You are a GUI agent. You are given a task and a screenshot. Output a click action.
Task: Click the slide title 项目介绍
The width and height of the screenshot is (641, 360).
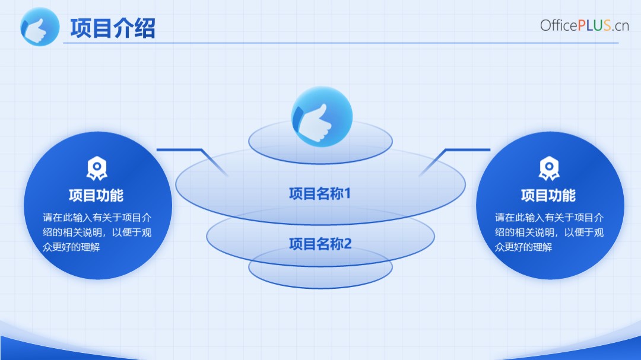pos(112,28)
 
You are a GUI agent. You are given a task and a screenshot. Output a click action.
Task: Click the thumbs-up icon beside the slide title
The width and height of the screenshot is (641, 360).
pos(40,27)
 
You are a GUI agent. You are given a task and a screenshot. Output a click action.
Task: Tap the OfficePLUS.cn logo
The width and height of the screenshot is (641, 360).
pos(584,26)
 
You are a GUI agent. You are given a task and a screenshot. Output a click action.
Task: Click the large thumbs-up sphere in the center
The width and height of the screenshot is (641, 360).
pos(322,116)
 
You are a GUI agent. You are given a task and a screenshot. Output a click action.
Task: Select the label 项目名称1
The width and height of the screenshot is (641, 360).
pos(320,194)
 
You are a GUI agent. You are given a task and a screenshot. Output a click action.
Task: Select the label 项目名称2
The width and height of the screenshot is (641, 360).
pos(320,244)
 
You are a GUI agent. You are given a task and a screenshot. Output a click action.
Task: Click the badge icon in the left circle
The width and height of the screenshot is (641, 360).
pos(97,168)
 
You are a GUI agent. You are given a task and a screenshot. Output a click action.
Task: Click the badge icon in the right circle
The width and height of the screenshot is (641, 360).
pos(549,168)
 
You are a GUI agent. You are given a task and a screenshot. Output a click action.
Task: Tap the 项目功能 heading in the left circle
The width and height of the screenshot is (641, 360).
pos(96,195)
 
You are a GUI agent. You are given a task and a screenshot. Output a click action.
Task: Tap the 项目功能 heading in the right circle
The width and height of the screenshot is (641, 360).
pos(548,195)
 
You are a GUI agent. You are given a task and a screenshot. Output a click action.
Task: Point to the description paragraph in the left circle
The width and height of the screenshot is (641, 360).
pos(97,232)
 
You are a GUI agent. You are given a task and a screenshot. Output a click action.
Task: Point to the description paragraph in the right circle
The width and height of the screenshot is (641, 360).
pos(549,232)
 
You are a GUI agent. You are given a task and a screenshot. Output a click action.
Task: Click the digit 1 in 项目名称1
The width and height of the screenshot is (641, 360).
pos(347,194)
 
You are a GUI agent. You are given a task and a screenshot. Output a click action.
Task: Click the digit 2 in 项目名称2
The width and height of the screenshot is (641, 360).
pos(347,244)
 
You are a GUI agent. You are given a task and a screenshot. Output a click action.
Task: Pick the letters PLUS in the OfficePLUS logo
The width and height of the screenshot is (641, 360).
pos(594,26)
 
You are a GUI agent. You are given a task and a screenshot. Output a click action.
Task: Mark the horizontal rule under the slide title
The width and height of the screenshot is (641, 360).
pos(341,43)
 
